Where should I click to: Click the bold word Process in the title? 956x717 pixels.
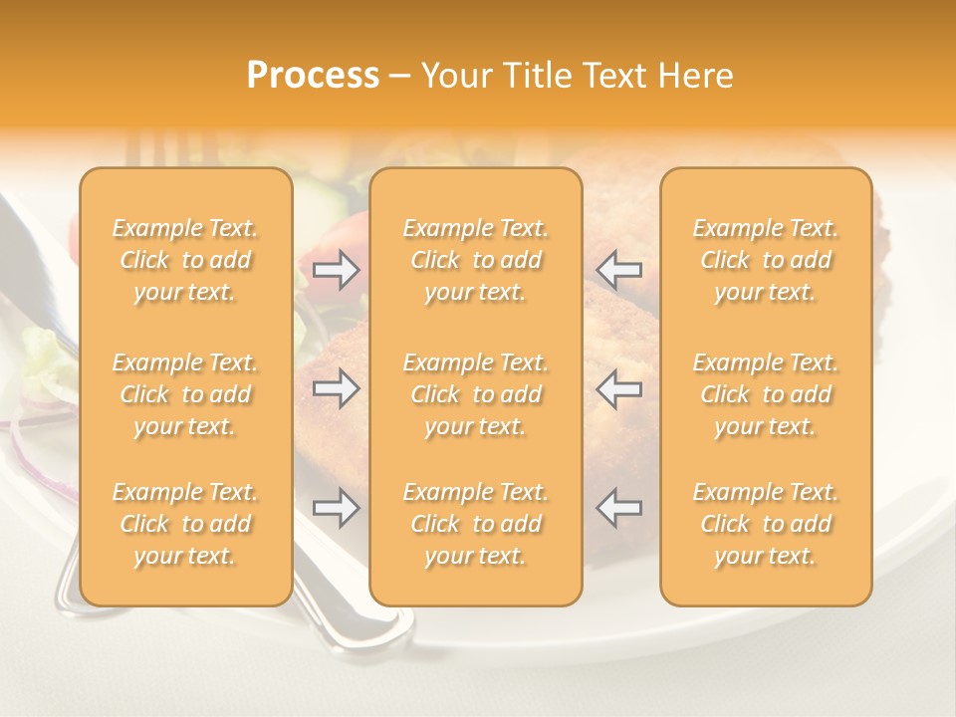coord(313,76)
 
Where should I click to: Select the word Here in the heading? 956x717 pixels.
coord(695,76)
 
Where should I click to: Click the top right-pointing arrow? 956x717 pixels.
coord(337,269)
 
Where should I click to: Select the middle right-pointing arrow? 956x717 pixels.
coord(337,389)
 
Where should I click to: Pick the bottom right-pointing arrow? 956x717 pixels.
coord(337,508)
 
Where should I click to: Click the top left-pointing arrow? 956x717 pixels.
coord(618,269)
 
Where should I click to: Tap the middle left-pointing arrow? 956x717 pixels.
coord(618,389)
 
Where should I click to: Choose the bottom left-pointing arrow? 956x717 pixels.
coord(618,508)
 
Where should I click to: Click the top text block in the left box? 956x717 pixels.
coord(185,260)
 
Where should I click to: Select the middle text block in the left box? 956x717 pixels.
coord(185,394)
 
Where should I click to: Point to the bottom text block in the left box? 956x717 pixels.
coord(185,524)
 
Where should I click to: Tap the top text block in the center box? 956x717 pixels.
coord(476,260)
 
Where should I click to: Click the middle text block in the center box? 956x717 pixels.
coord(476,394)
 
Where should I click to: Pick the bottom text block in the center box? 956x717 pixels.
coord(476,524)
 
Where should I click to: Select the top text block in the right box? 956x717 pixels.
coord(766,260)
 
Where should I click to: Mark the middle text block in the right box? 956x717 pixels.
coord(766,394)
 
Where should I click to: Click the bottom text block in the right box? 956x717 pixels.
coord(766,524)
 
